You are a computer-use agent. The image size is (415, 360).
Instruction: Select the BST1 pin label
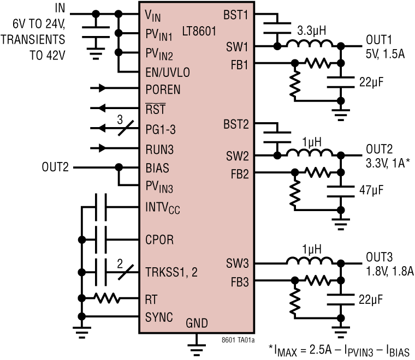pos(236,14)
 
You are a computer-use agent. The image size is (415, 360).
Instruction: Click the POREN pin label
pos(163,89)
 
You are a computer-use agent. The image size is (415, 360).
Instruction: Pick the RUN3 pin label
pos(159,147)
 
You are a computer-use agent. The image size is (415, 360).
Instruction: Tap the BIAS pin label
pos(158,167)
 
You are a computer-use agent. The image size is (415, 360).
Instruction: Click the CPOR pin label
pos(159,239)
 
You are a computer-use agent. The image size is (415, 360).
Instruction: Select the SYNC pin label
pos(159,317)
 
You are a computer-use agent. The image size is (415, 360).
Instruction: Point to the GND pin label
pos(197,323)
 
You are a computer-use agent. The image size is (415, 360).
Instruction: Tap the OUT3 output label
pos(379,256)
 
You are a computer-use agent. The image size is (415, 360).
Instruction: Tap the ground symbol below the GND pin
pos(196,346)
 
